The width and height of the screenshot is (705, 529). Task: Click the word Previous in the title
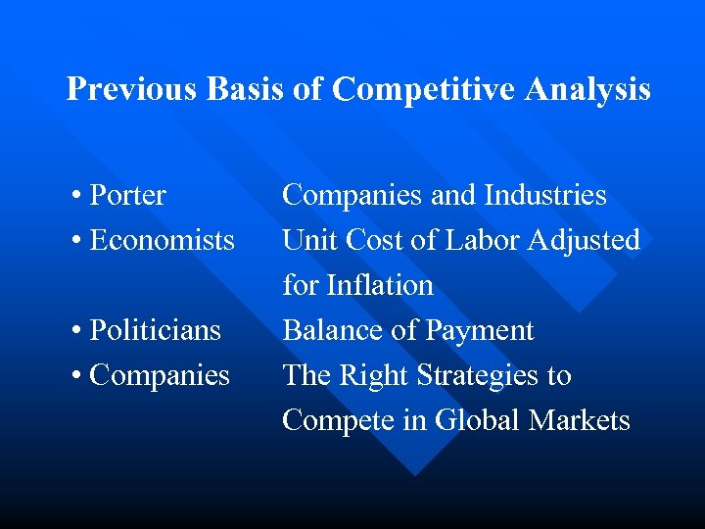pyautogui.click(x=132, y=90)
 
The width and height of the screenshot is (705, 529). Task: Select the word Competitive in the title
pyautogui.click(x=424, y=90)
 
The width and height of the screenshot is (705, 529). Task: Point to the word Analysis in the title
pyautogui.click(x=588, y=90)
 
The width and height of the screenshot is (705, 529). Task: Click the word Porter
pyautogui.click(x=127, y=196)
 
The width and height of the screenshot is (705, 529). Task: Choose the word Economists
pyautogui.click(x=162, y=241)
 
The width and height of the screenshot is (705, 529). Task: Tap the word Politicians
pyautogui.click(x=155, y=331)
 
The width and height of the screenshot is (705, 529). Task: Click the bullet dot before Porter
pyautogui.click(x=76, y=196)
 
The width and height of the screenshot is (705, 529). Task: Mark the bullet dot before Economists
pyautogui.click(x=76, y=241)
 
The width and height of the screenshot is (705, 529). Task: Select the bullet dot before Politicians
pyautogui.click(x=76, y=331)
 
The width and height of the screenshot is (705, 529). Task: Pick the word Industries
pyautogui.click(x=544, y=196)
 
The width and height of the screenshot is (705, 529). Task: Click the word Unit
pyautogui.click(x=306, y=241)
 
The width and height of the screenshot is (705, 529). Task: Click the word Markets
pyautogui.click(x=580, y=421)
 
